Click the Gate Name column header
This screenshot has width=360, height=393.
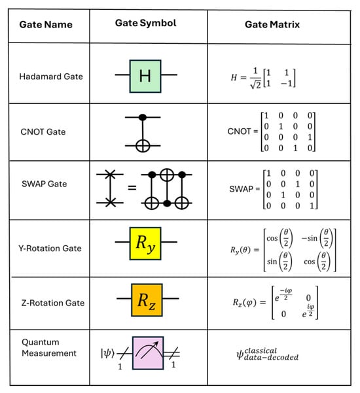(45, 25)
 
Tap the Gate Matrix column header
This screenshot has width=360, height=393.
(277, 24)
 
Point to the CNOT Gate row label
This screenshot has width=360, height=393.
(43, 132)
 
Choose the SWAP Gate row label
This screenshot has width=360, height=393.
(43, 184)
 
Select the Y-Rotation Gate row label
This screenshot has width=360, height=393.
(50, 248)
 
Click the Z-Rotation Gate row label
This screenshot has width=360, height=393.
(50, 303)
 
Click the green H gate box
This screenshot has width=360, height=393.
(145, 76)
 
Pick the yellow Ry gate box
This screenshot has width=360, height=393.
(145, 248)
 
